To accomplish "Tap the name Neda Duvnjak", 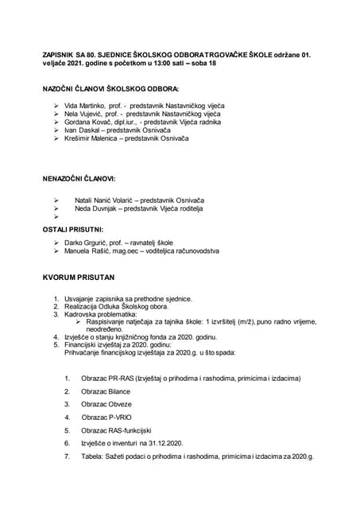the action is tap(95, 208).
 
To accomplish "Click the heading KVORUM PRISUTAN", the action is tap(78, 278).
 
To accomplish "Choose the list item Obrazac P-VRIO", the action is tap(106, 416).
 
